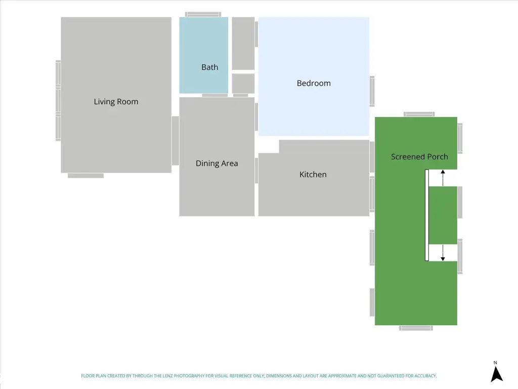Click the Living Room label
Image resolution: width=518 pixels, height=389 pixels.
116,101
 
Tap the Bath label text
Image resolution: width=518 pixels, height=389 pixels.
210,67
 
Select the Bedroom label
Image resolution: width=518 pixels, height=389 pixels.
314,83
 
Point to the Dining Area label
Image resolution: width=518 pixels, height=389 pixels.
217,163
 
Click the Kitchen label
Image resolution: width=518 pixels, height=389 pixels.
313,174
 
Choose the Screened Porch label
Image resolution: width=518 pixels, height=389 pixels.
419,157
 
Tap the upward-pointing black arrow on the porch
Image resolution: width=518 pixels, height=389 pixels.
443,178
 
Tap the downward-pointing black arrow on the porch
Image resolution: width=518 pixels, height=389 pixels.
443,253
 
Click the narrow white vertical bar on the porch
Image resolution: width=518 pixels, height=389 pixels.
427,215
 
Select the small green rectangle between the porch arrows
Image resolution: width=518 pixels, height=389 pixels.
443,215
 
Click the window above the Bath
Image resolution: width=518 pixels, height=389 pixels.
203,14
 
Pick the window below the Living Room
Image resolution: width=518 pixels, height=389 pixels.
85,176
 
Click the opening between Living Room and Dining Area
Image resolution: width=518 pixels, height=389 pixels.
175,141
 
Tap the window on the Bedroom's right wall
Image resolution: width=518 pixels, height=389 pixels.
372,91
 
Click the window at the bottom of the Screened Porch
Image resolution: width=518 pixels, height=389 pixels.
416,328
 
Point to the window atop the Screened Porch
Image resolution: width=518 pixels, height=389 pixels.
419,114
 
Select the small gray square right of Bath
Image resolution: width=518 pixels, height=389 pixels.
243,84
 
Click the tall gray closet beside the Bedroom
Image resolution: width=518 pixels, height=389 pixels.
243,44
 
